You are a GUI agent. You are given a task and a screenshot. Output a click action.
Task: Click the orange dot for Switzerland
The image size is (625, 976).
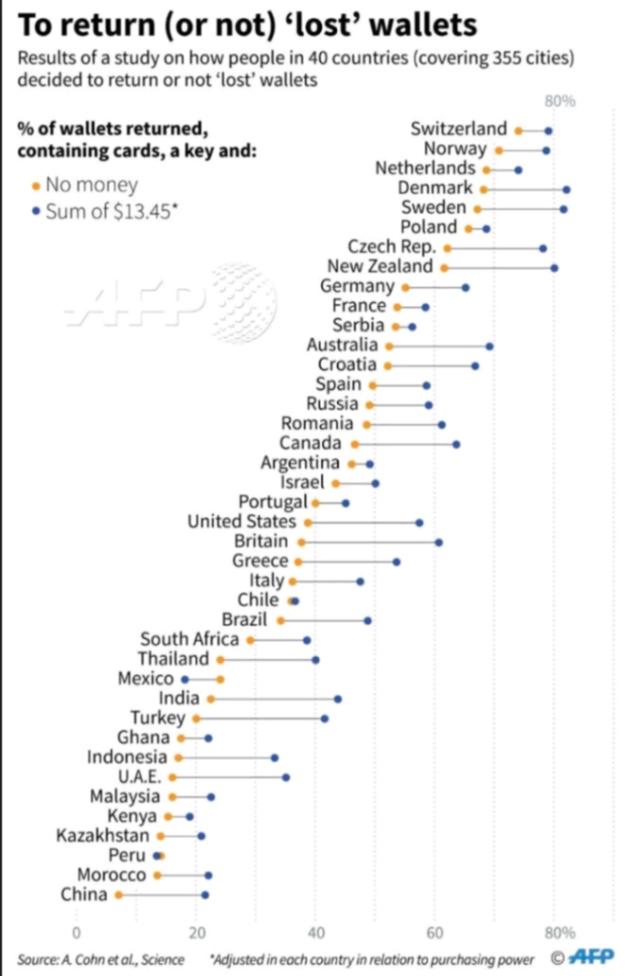click(x=518, y=130)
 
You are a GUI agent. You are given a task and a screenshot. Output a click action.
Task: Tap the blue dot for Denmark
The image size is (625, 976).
click(x=566, y=189)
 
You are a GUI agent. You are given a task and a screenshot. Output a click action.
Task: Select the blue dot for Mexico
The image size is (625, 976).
click(x=185, y=679)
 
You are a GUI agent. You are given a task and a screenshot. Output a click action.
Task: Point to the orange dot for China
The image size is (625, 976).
click(x=118, y=895)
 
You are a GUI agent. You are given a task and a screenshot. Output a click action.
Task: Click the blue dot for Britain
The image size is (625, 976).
click(x=439, y=541)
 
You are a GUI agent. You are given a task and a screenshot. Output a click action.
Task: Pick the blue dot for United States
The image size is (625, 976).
click(x=419, y=522)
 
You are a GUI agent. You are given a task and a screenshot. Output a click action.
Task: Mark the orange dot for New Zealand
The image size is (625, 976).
click(x=444, y=268)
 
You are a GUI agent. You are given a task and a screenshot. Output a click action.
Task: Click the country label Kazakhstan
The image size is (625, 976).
click(x=102, y=835)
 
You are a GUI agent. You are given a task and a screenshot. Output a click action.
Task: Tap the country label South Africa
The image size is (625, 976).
click(x=190, y=640)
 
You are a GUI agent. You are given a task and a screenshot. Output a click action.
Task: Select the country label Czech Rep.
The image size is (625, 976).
click(x=391, y=247)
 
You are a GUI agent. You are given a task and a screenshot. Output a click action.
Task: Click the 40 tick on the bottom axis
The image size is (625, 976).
click(x=315, y=932)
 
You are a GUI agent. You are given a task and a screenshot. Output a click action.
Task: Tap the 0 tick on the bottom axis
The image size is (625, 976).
click(x=76, y=932)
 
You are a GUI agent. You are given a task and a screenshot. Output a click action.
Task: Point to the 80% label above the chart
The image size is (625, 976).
click(x=559, y=101)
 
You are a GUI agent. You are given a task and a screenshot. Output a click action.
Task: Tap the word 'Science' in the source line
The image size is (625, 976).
click(x=163, y=959)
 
